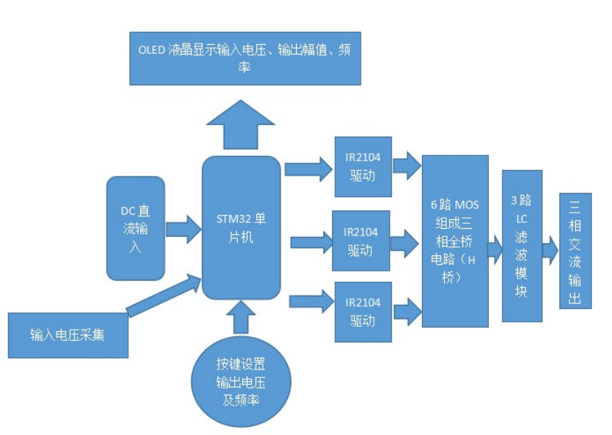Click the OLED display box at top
pos(245,58)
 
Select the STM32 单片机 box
pos(241,227)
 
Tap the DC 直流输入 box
pos(135,228)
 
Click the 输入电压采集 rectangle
pos(68,335)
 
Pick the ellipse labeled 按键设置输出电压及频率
pos(241,381)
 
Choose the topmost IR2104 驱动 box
pos(362,166)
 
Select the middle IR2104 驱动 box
pos(361,241)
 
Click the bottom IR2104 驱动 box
pos(362,311)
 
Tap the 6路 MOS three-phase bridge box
pos(455,241)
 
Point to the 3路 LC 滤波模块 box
pos(521,246)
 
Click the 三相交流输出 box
pos(574,250)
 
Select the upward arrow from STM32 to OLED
pos(241,125)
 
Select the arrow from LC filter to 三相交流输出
pos(550,250)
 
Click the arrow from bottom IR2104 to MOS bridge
pos(406,312)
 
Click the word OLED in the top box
pos(152,50)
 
